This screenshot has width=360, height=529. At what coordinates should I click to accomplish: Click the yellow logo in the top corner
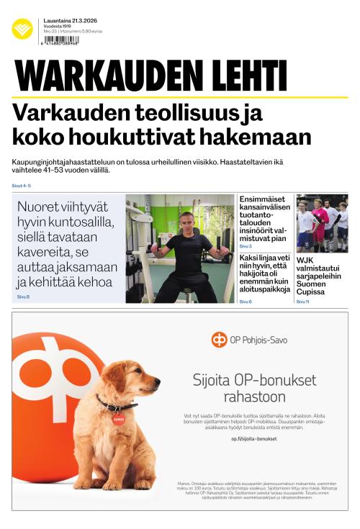(x=22, y=29)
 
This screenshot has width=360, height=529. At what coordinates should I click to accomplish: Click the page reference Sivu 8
(x=23, y=297)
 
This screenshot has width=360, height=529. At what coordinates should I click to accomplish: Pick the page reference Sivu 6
(x=246, y=302)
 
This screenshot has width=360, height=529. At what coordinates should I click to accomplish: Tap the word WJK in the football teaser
(x=305, y=259)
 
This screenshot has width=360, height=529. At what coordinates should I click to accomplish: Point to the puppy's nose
(x=156, y=379)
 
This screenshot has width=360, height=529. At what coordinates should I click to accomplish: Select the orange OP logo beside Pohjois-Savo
(x=219, y=340)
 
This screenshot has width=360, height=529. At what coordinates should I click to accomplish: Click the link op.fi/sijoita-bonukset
(x=254, y=438)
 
